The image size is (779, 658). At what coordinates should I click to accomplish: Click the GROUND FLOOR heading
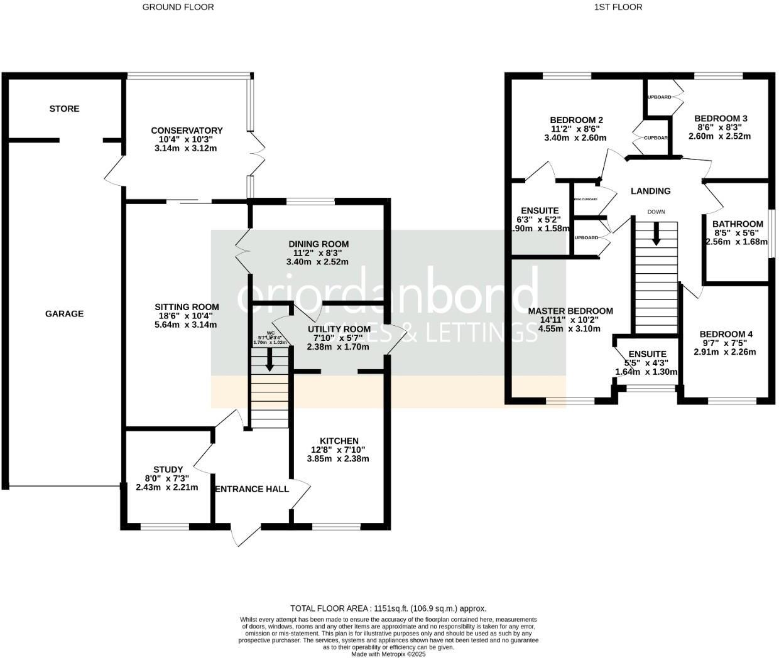click(178, 7)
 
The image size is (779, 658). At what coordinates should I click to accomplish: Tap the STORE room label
click(65, 109)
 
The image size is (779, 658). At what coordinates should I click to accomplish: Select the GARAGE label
click(64, 313)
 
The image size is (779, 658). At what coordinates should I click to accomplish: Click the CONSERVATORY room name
click(187, 131)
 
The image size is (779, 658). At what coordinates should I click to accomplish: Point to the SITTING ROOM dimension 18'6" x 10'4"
click(187, 316)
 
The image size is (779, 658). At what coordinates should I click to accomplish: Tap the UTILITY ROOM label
click(339, 329)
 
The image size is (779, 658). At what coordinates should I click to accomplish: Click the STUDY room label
click(168, 469)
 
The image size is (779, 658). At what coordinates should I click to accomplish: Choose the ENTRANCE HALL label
click(252, 488)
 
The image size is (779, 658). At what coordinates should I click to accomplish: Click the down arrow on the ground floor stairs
click(270, 361)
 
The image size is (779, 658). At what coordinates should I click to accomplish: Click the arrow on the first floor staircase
click(656, 235)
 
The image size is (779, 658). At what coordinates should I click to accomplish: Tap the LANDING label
click(650, 191)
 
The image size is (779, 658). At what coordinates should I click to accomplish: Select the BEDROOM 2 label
click(576, 120)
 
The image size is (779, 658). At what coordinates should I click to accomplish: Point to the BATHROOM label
click(738, 224)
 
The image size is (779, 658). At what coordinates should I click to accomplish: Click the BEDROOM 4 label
click(726, 334)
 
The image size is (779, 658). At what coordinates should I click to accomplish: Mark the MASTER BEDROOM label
click(570, 311)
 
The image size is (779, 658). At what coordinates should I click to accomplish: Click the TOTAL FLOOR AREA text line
click(388, 608)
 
